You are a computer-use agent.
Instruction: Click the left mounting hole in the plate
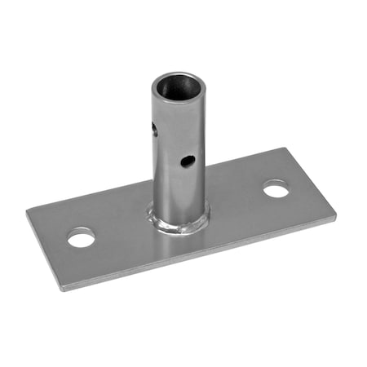(81, 238)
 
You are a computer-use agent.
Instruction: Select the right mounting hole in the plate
(276, 189)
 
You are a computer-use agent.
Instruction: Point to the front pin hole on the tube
(188, 161)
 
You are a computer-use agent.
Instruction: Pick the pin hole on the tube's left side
(154, 129)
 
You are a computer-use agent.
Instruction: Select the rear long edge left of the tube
(90, 197)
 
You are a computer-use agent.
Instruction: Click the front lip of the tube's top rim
(179, 99)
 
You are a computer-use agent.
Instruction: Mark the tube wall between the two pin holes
(171, 147)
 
